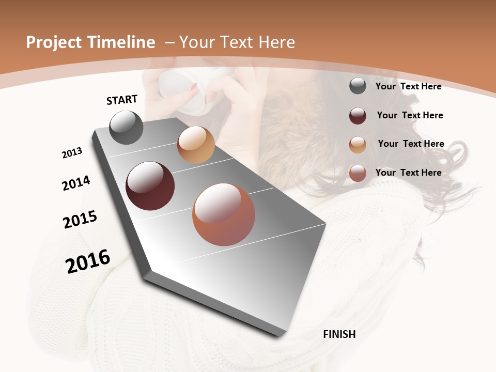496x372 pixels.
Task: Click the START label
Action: [122, 99]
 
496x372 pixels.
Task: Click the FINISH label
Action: [339, 334]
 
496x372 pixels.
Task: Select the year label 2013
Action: [72, 153]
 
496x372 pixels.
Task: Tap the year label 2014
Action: [76, 183]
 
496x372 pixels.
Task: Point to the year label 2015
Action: [80, 220]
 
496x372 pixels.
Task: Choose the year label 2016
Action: [88, 261]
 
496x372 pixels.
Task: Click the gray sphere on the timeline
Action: [127, 127]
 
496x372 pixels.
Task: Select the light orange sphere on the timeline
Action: [196, 145]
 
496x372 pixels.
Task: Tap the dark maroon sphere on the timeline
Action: [150, 186]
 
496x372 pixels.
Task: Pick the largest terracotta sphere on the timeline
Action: [224, 214]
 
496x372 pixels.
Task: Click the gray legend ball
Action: [358, 86]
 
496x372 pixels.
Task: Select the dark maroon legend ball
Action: [358, 116]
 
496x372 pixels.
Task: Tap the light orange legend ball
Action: [358, 145]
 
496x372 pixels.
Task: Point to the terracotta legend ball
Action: [358, 173]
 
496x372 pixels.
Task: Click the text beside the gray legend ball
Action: [408, 86]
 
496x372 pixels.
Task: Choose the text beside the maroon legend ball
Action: [410, 115]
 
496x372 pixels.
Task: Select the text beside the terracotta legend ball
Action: [408, 173]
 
